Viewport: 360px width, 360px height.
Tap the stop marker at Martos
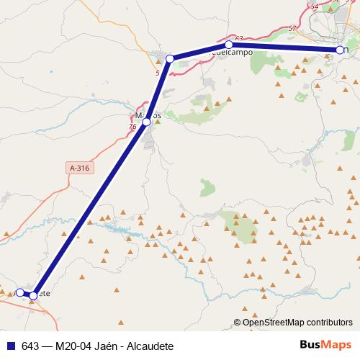click(x=146, y=122)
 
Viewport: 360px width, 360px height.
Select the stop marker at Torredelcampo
click(x=228, y=45)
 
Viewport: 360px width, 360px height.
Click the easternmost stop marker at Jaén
click(x=339, y=50)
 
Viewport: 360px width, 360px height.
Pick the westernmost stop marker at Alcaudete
click(x=20, y=292)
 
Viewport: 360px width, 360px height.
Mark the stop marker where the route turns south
click(x=170, y=58)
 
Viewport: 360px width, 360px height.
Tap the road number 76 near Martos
click(x=132, y=127)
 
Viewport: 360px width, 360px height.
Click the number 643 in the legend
click(x=30, y=346)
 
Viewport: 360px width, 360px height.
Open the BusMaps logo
click(x=324, y=345)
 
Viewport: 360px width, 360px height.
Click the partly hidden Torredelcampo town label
click(x=232, y=53)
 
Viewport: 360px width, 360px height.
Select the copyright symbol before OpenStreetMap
click(x=238, y=323)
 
